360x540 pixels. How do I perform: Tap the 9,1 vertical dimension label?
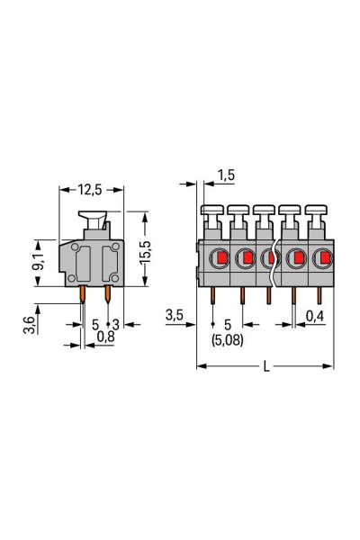(x=38, y=262)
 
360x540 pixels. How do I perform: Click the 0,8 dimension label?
(x=105, y=337)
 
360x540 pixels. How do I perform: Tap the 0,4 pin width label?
(x=315, y=315)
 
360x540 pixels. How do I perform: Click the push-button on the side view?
(x=93, y=219)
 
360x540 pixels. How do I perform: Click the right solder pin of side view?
(x=107, y=294)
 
